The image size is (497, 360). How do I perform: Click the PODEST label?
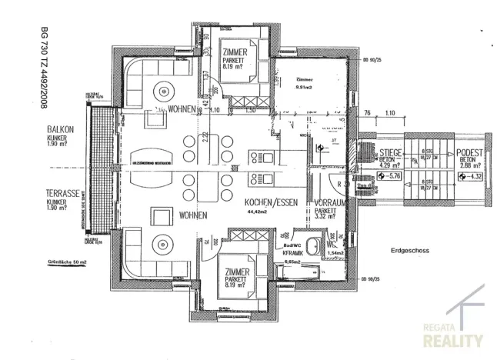(468, 154)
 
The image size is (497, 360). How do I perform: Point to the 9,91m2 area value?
(295, 87)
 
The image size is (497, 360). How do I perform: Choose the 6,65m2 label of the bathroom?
(292, 262)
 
